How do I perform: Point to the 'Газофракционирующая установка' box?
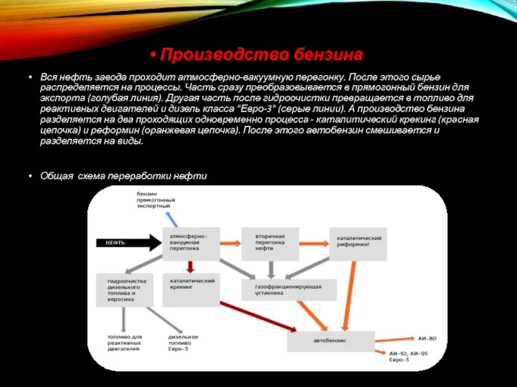click(x=290, y=289)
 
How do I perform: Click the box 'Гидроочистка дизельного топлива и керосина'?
click(x=125, y=290)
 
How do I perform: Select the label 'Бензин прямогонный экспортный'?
click(x=153, y=200)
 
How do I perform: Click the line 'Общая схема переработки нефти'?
click(x=123, y=175)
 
